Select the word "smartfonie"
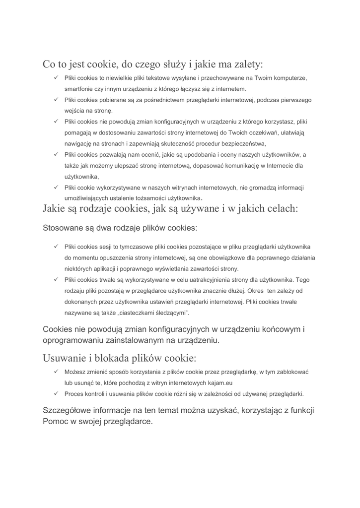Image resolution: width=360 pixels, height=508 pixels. pos(80,89)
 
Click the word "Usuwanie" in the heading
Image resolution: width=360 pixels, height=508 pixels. pos(64,358)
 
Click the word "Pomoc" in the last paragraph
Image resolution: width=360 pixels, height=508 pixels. pos(56,421)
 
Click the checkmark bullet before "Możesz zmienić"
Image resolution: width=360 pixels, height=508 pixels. pos(56,372)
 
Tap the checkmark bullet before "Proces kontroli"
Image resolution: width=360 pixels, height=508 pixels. pos(56,394)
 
